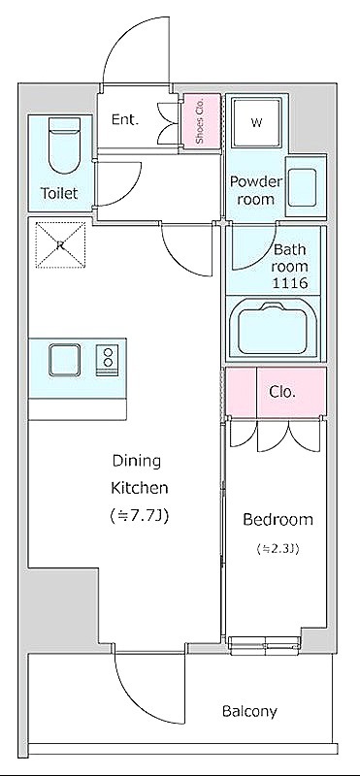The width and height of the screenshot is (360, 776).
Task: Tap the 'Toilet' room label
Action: [x=59, y=193]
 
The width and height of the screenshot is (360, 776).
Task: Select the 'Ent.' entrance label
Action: [x=124, y=119]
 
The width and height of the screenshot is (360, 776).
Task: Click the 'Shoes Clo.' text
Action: [x=200, y=120]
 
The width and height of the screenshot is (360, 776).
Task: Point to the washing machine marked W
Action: [x=256, y=122]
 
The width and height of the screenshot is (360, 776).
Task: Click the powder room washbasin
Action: [x=302, y=185]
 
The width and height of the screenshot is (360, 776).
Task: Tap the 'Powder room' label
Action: [x=255, y=190]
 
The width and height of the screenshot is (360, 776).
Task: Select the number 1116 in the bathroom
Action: [x=290, y=283]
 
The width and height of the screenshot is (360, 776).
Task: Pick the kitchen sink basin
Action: [x=64, y=360]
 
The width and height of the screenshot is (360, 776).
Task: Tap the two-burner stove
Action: [x=108, y=357]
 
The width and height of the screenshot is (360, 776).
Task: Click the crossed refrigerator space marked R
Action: [x=60, y=245]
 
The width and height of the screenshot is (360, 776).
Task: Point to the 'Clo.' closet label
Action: [x=282, y=392]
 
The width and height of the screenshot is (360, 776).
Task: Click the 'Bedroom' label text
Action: [x=278, y=519]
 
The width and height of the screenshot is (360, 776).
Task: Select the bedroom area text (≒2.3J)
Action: [x=278, y=548]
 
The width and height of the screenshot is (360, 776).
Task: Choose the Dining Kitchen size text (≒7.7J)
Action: [x=139, y=516]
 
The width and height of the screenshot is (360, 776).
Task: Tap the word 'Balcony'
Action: [x=249, y=712]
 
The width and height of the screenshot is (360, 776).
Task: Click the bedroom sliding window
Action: [x=265, y=643]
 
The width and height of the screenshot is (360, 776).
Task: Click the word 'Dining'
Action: [x=137, y=462]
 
